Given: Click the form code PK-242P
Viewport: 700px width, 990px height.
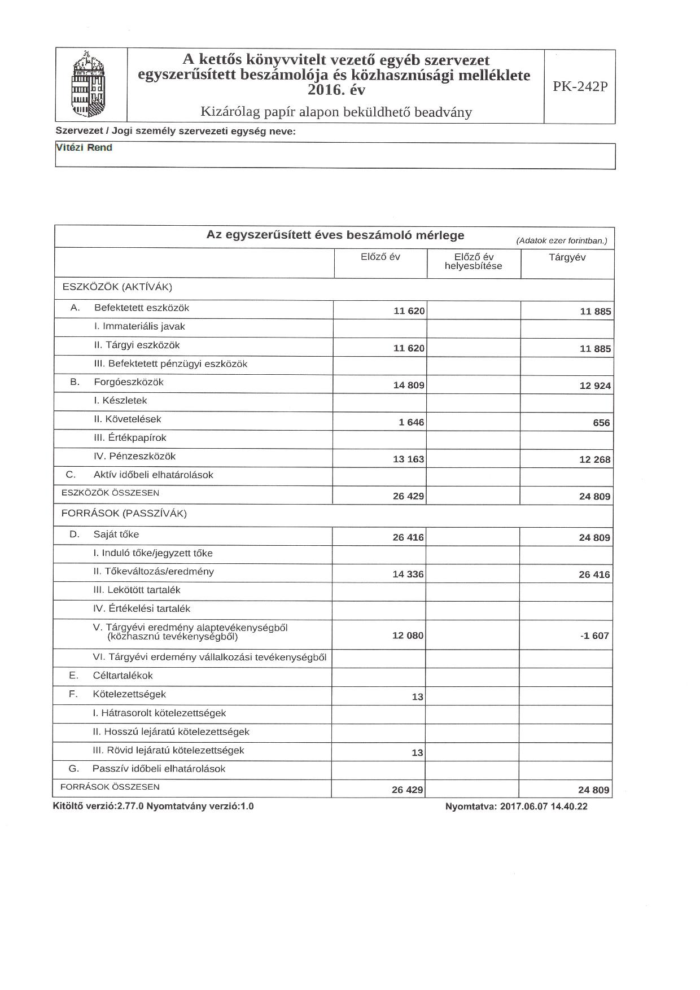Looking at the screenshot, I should click(580, 86).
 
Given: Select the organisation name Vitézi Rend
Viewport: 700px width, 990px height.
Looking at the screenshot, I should click(84, 148).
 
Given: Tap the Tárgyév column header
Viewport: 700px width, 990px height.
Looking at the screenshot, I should click(567, 257).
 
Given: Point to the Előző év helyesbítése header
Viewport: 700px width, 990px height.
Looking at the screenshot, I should click(473, 261).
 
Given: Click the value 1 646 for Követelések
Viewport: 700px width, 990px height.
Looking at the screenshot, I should click(412, 422).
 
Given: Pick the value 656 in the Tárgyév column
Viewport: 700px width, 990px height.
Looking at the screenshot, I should click(601, 423).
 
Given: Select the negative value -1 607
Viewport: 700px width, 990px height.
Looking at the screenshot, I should click(594, 636).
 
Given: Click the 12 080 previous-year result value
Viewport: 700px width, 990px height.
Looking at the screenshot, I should click(408, 636).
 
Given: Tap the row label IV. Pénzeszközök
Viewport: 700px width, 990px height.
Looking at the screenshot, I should click(134, 456).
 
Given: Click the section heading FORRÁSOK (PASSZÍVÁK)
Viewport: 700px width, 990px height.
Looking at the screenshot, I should click(124, 514).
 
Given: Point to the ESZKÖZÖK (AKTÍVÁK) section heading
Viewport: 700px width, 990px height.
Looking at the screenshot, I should click(117, 287).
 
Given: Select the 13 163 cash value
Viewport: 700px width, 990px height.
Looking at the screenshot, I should click(408, 459).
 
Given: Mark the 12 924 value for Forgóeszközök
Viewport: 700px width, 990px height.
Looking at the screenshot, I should click(595, 386).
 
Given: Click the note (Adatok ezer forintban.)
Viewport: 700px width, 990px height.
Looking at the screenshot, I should click(561, 241).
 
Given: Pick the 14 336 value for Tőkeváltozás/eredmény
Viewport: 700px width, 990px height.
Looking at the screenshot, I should click(408, 575).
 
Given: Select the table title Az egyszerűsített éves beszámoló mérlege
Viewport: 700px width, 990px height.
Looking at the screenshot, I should click(335, 235).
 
